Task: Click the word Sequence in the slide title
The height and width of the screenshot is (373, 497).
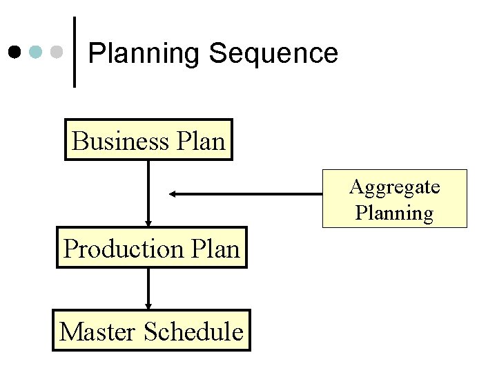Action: pos(274,53)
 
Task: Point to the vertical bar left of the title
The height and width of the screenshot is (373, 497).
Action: pos(75,52)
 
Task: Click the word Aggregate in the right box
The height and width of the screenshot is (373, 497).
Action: pos(395,186)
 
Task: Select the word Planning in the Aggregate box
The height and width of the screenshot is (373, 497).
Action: pos(395,213)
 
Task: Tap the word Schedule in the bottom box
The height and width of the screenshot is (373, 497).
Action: pos(195,332)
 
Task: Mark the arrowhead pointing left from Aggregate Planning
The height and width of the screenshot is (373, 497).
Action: pos(173,194)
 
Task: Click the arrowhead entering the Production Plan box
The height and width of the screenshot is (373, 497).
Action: pos(148,222)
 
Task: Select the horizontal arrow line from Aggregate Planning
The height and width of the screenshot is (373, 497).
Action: pos(248,194)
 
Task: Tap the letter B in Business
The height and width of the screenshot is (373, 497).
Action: pos(79,141)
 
